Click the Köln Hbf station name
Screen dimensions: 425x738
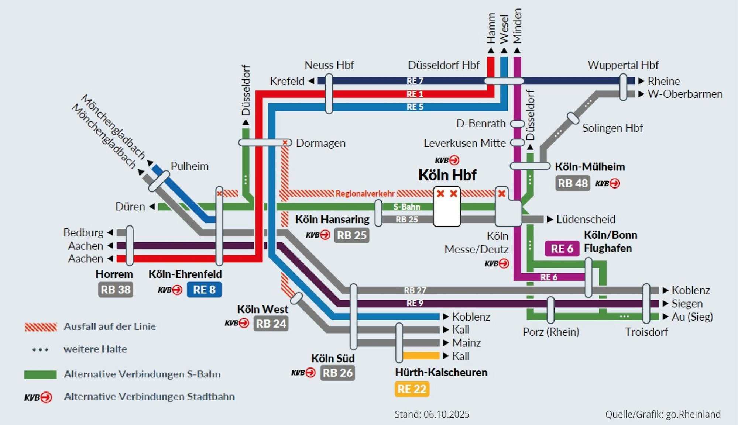pyautogui.click(x=447, y=175)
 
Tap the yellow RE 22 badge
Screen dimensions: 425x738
pyautogui.click(x=412, y=389)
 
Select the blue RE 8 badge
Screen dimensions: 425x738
pyautogui.click(x=204, y=290)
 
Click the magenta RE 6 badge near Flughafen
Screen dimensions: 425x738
pyautogui.click(x=562, y=249)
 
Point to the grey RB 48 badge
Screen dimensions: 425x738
pyautogui.click(x=572, y=183)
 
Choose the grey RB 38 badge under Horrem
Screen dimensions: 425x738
pyautogui.click(x=116, y=290)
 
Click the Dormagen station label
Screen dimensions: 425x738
pyautogui.click(x=320, y=143)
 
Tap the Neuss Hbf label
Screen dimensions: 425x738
pyautogui.click(x=329, y=65)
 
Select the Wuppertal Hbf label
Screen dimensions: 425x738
pyautogui.click(x=623, y=65)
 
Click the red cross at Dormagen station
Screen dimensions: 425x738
pyautogui.click(x=285, y=142)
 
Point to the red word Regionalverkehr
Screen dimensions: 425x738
pyautogui.click(x=365, y=194)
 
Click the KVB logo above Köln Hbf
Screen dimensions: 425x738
pyautogui.click(x=447, y=160)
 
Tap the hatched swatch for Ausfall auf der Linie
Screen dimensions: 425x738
pyautogui.click(x=41, y=327)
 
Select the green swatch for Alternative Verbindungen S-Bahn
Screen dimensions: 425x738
pyautogui.click(x=41, y=374)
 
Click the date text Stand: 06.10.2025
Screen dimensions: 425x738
pyautogui.click(x=432, y=414)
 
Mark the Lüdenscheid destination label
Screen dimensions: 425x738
pyautogui.click(x=586, y=220)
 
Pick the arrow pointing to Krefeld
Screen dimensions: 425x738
pyautogui.click(x=312, y=81)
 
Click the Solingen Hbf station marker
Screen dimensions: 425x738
pyautogui.click(x=573, y=118)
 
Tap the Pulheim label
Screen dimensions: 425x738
pyautogui.click(x=189, y=166)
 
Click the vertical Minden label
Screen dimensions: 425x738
pyautogui.click(x=517, y=26)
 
